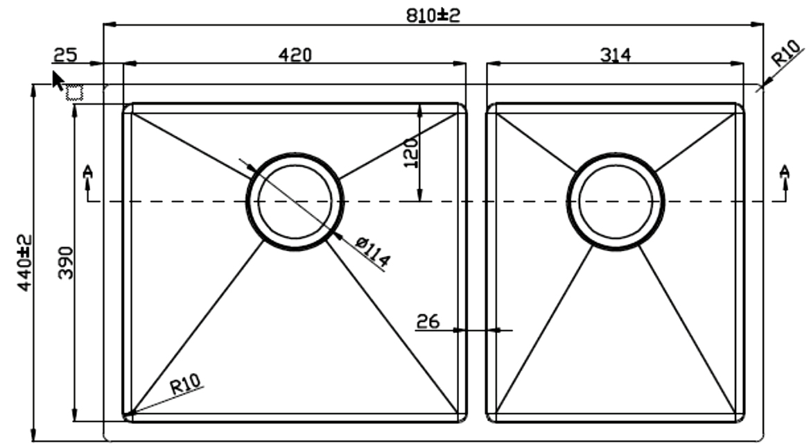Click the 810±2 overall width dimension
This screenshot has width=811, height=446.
[433, 15]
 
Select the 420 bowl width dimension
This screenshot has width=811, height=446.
[295, 54]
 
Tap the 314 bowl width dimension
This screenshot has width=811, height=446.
[615, 54]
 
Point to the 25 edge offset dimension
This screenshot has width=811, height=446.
[65, 54]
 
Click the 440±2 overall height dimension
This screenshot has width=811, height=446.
[24, 263]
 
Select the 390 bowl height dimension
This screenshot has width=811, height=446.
[66, 263]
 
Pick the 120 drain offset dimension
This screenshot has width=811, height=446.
[410, 153]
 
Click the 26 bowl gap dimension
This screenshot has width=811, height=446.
[428, 321]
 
